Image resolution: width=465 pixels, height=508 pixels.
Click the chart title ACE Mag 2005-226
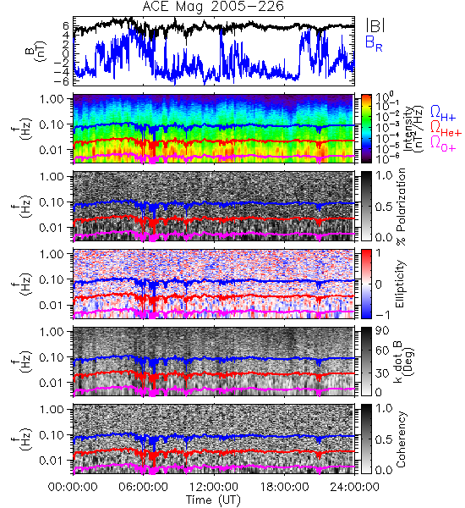tap(213, 7)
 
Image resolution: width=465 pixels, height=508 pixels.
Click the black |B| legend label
tap(375, 25)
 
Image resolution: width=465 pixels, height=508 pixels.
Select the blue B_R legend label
tap(374, 43)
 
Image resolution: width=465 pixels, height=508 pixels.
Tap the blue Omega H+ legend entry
tap(443, 113)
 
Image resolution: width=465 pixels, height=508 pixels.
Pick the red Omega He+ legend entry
tap(446, 129)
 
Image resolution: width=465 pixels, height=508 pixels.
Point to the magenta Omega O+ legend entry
tap(443, 144)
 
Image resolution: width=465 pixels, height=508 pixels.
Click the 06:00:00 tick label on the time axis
tap(143, 487)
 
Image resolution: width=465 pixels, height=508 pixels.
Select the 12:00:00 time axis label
tap(214, 487)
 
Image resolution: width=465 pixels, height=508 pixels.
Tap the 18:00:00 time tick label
tap(284, 487)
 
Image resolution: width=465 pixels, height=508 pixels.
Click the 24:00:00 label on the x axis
tap(354, 487)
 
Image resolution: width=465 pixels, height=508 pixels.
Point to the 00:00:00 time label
tap(73, 487)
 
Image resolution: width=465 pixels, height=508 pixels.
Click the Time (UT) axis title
tap(213, 500)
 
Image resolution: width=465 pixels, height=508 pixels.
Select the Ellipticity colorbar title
tap(400, 284)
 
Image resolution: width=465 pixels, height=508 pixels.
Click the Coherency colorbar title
tap(400, 439)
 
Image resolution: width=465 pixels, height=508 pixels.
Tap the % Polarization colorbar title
tap(400, 207)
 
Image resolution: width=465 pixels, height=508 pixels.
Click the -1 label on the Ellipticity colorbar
tap(382, 315)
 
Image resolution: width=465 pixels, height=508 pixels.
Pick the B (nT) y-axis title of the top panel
tap(37, 51)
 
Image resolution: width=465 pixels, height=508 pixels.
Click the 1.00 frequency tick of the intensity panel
tap(52, 99)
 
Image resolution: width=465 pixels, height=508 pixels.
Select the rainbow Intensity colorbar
tap(366, 129)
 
